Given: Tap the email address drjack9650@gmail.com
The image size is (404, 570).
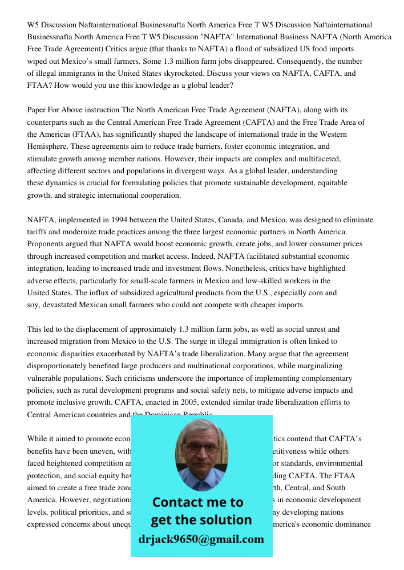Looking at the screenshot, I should point(201,539).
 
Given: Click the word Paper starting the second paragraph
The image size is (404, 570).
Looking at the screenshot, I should point(38,109).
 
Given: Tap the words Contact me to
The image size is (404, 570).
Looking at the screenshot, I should point(197,503).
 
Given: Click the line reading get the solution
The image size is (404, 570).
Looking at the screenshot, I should point(201,520).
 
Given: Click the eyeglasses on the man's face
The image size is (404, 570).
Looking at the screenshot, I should point(201,449).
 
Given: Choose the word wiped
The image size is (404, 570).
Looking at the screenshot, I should point(39,62).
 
